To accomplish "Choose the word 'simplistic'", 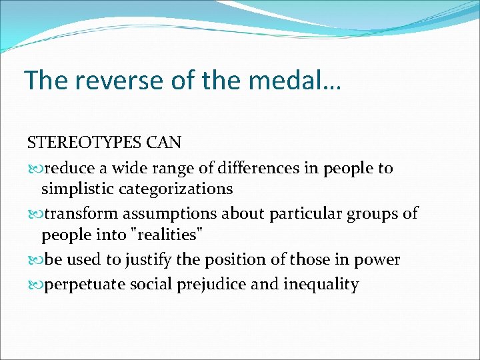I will point(78,189).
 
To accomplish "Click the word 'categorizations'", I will point(176,189).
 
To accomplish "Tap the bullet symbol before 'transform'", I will point(34,214).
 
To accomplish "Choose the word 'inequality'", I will point(321,285).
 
